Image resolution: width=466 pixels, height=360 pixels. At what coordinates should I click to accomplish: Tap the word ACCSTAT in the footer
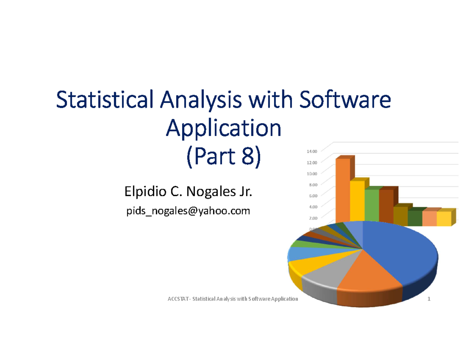(177, 299)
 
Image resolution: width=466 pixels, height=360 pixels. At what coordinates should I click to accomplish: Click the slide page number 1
(429, 299)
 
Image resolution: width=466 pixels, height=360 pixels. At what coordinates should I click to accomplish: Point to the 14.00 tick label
(312, 151)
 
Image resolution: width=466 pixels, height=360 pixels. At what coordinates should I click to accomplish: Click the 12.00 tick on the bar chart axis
(312, 162)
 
